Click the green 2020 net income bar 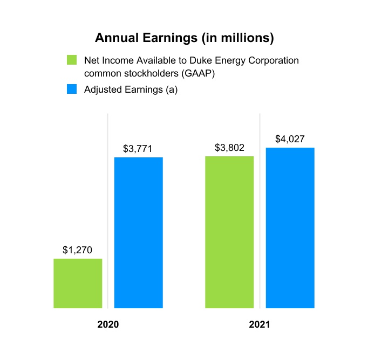[x=78, y=283]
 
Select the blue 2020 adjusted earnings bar [x=139, y=233]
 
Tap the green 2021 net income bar [x=229, y=232]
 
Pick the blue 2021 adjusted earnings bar [x=290, y=228]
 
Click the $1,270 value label [x=78, y=250]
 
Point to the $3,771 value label [x=139, y=149]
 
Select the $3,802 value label [x=229, y=148]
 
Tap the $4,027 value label [x=290, y=139]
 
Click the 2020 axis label [x=108, y=326]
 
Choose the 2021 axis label [x=260, y=326]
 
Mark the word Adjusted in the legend [x=103, y=90]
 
